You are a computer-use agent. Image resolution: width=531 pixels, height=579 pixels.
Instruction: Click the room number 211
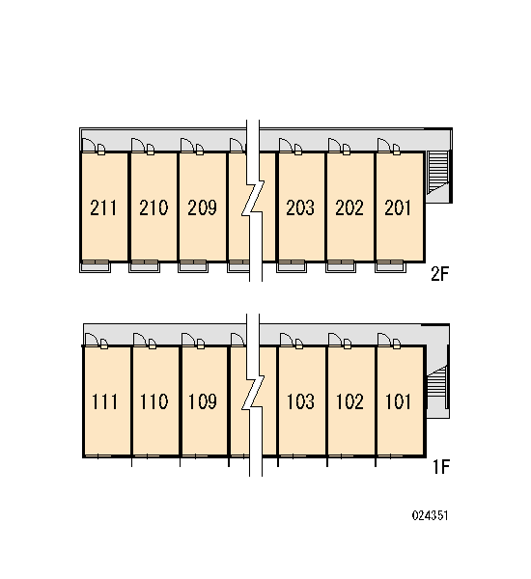103,207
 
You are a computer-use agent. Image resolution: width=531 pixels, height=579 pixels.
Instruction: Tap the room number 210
154,207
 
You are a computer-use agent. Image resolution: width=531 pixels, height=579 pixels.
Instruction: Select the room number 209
202,207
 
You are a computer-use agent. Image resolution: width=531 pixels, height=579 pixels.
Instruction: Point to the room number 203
300,207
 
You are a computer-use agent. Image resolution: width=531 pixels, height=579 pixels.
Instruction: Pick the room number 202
349,207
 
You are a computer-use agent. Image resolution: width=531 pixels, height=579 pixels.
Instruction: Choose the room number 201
398,207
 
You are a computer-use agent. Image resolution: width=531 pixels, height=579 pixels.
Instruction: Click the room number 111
104,401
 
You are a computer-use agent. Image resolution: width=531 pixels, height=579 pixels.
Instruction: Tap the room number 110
154,401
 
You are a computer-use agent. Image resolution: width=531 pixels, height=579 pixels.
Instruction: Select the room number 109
203,401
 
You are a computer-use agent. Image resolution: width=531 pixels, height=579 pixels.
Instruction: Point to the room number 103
301,401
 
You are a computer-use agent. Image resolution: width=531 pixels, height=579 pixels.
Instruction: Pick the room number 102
349,401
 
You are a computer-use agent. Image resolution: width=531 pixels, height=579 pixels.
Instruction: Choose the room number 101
398,401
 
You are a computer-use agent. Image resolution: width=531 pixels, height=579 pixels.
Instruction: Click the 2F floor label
439,274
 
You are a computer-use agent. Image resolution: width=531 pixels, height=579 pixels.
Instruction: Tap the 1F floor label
441,467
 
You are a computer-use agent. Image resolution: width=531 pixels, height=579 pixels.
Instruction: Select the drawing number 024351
431,515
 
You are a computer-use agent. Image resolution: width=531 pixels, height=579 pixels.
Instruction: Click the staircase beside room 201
438,172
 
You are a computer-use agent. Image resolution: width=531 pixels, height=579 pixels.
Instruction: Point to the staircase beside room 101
437,386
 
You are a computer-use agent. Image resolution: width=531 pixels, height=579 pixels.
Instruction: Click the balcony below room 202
341,266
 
